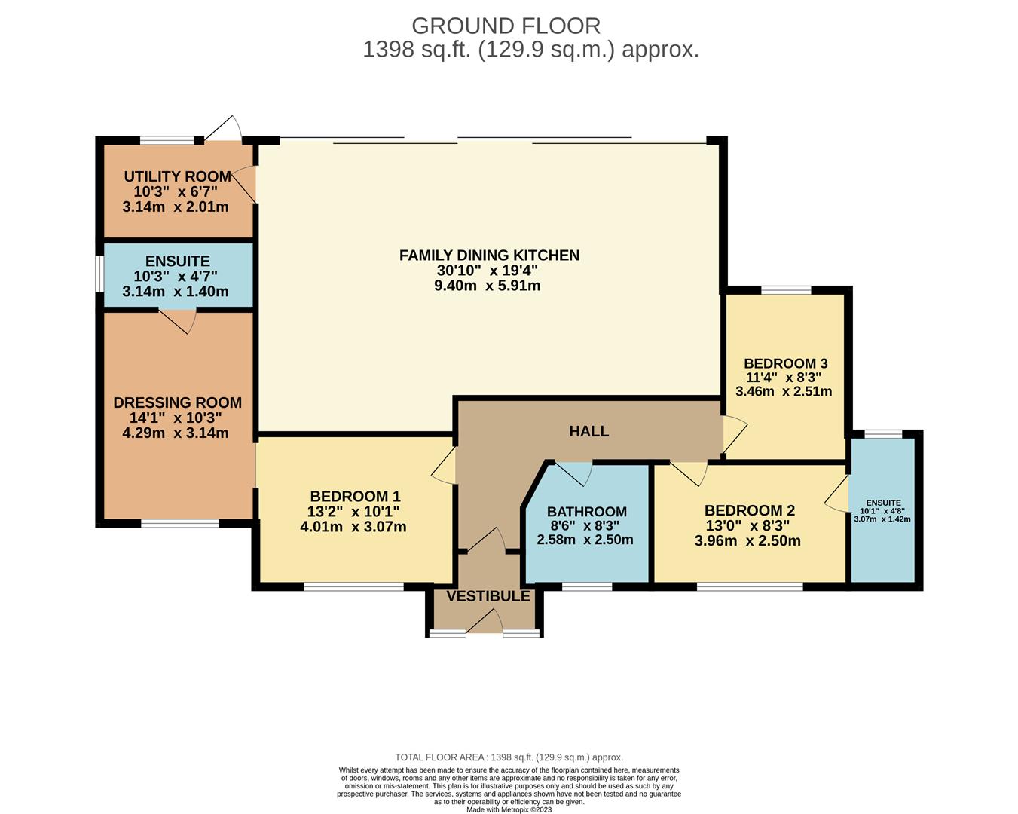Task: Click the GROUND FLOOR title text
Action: click(506, 26)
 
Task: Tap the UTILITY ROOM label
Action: click(177, 176)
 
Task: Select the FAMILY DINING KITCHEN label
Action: click(489, 256)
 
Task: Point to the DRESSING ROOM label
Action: click(177, 402)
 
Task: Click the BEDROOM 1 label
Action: click(355, 497)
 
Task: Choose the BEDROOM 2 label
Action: click(750, 511)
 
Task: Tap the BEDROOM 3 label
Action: click(786, 363)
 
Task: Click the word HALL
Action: click(589, 431)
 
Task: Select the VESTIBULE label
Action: click(488, 596)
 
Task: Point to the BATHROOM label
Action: click(587, 512)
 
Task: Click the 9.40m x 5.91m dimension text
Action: click(488, 286)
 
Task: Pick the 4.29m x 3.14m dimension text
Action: click(176, 433)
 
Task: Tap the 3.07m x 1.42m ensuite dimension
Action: click(882, 519)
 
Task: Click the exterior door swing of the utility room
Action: click(223, 128)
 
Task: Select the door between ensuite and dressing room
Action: click(177, 322)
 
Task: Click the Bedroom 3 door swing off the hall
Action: click(735, 434)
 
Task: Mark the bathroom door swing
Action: click(573, 474)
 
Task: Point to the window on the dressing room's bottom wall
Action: click(180, 523)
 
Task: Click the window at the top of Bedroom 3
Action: click(786, 290)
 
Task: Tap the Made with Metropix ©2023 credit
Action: click(509, 809)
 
